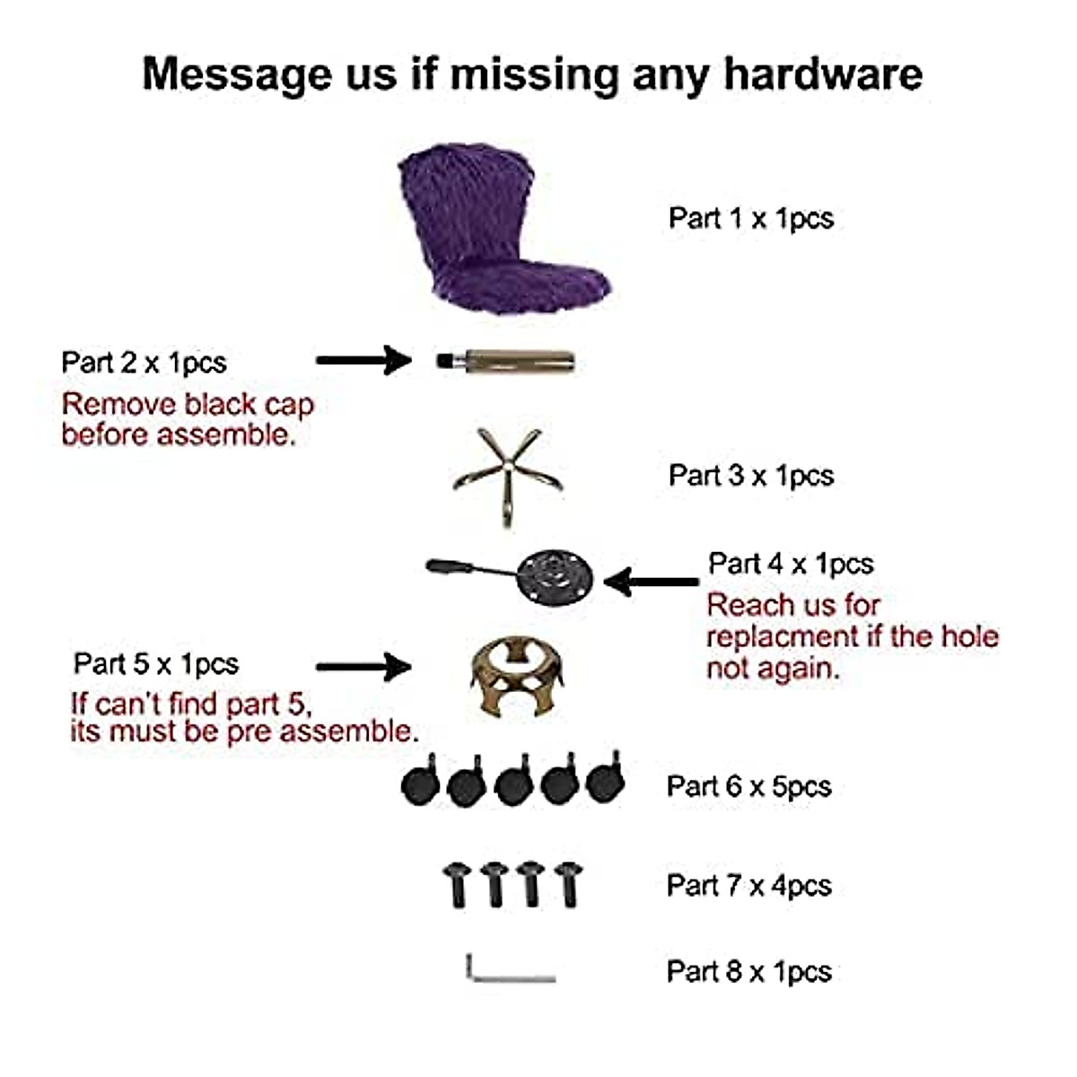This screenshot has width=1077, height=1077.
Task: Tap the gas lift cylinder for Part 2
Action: (x=516, y=362)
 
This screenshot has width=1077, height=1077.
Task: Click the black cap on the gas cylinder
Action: (x=444, y=362)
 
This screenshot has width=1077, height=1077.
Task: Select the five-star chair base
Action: (x=508, y=474)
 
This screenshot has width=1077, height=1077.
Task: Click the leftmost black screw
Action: (x=458, y=884)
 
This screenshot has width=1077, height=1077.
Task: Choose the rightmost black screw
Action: (x=568, y=884)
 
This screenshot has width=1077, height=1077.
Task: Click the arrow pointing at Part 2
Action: (x=363, y=361)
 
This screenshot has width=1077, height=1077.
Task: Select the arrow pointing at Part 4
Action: (x=651, y=582)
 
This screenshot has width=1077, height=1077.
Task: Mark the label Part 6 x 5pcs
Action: (x=749, y=787)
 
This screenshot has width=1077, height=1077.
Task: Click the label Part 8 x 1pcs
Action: (x=749, y=972)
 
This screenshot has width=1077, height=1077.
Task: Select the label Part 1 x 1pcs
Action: (x=750, y=218)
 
